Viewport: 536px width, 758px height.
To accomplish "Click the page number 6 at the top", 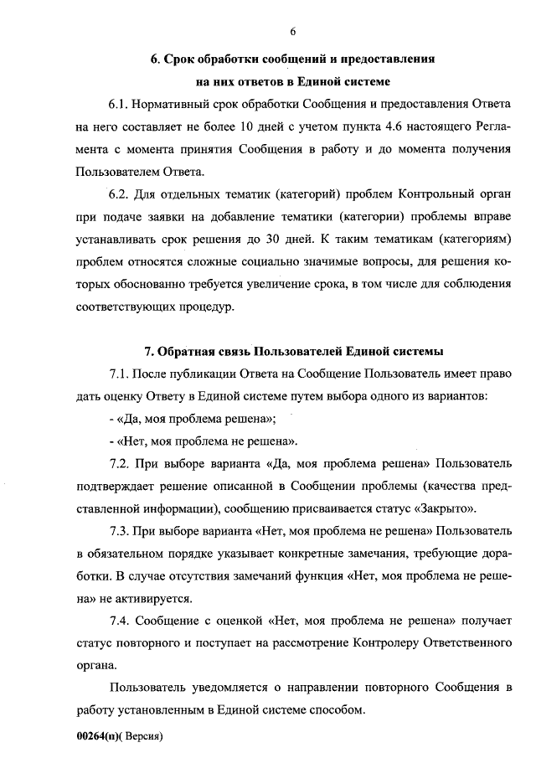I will pyautogui.click(x=293, y=32).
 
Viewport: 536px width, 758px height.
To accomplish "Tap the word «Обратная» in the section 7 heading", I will pyautogui.click(x=193, y=351).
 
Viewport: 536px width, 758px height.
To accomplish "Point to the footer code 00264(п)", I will pyautogui.click(x=99, y=737).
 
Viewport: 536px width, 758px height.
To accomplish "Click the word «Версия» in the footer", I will pyautogui.click(x=142, y=737).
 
